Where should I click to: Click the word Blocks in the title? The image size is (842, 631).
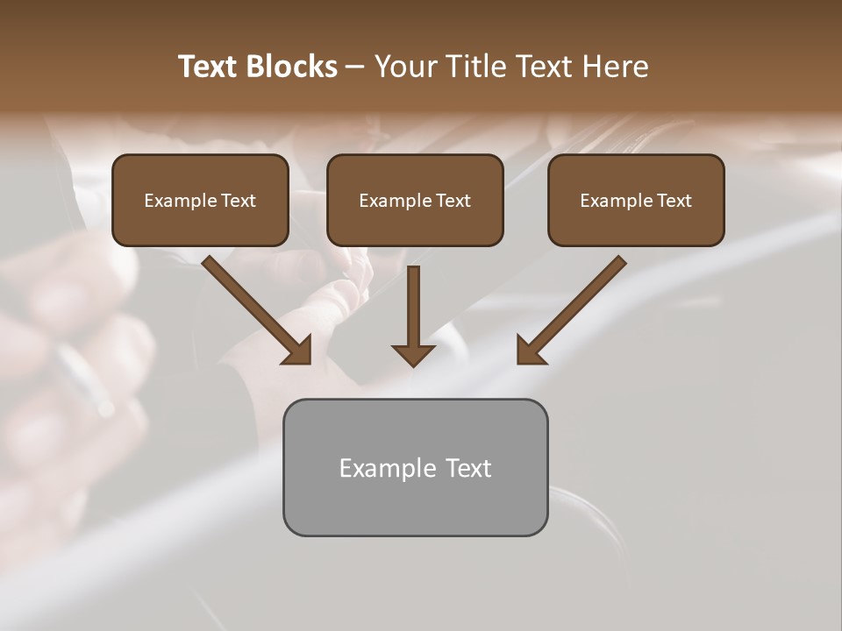[x=292, y=67]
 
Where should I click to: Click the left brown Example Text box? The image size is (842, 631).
[x=200, y=200]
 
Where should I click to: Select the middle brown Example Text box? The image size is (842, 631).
[x=415, y=200]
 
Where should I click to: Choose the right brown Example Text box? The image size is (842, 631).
[x=636, y=200]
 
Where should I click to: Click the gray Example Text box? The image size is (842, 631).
[x=415, y=467]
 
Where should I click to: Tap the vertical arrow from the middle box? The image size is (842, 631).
[x=413, y=307]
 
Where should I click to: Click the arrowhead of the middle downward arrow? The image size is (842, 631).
[x=413, y=355]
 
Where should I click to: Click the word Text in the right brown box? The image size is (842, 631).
[x=674, y=201]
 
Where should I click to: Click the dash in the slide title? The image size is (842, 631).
[x=355, y=67]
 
